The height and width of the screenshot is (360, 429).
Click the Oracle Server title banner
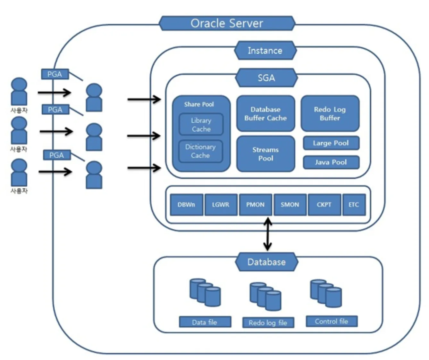pyautogui.click(x=227, y=23)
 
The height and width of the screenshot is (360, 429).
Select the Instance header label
pyautogui.click(x=265, y=51)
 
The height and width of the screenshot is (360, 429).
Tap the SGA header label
pyautogui.click(x=266, y=78)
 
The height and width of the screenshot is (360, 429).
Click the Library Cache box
pyautogui.click(x=201, y=125)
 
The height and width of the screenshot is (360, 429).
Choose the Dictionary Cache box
pyautogui.click(x=200, y=151)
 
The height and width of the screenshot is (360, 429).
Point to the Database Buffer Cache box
pyautogui.click(x=265, y=114)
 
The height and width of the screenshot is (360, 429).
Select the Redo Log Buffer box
pyautogui.click(x=330, y=114)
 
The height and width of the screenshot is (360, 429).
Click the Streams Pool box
pyautogui.click(x=265, y=154)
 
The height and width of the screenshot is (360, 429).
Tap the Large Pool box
pyautogui.click(x=331, y=143)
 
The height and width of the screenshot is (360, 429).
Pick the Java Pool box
pyautogui.click(x=331, y=162)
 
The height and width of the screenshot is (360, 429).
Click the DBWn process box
pyautogui.click(x=187, y=205)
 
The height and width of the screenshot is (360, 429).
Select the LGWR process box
pyautogui.click(x=221, y=205)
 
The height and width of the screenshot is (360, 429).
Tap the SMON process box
pyautogui.click(x=290, y=205)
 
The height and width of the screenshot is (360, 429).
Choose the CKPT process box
pyautogui.click(x=324, y=205)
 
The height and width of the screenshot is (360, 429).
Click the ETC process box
pyautogui.click(x=354, y=205)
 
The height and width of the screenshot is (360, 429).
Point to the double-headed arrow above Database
pyautogui.click(x=267, y=234)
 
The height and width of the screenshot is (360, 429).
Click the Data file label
pyautogui.click(x=205, y=322)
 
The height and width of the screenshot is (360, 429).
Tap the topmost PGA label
pyautogui.click(x=55, y=74)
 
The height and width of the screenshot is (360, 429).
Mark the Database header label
pyautogui.click(x=266, y=262)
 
